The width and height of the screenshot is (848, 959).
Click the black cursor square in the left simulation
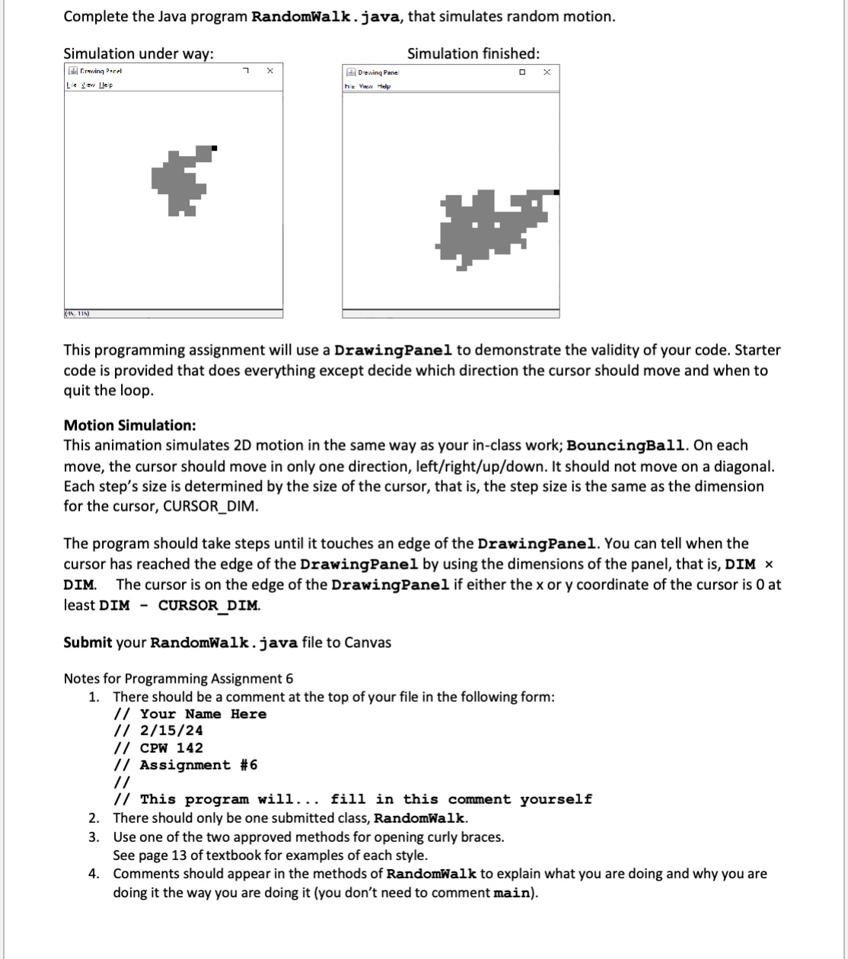214,148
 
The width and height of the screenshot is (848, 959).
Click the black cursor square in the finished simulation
557,193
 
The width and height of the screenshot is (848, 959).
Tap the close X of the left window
269,71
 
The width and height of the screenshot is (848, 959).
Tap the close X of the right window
546,72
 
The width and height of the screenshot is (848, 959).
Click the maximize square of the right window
521,72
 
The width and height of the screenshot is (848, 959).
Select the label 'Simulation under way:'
138,53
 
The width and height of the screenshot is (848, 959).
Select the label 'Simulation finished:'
473,53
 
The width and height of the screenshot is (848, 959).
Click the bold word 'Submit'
88,642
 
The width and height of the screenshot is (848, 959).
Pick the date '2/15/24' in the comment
171,731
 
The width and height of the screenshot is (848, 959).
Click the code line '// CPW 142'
158,747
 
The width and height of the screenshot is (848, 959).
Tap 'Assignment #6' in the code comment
199,765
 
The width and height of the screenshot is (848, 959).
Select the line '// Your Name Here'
190,714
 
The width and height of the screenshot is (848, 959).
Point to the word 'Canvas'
368,642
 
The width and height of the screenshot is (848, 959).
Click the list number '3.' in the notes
94,837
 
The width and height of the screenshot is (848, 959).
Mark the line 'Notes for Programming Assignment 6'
178,678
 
